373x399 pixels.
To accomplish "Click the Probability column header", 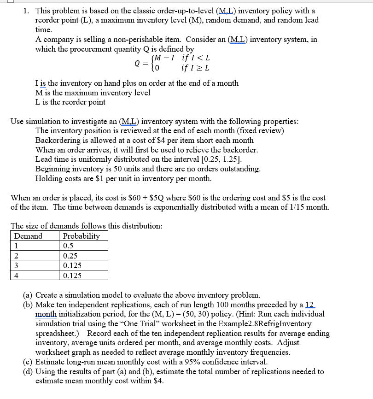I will pos(81,236).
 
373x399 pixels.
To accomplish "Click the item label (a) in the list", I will pos(28,294).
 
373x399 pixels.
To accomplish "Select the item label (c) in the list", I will pos(28,362).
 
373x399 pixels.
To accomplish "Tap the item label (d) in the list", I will pos(28,371).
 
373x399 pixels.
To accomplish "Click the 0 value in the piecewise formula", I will pos(157,69).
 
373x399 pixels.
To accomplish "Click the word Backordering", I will pos(59,140).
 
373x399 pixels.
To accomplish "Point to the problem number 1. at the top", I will pos(26,11).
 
